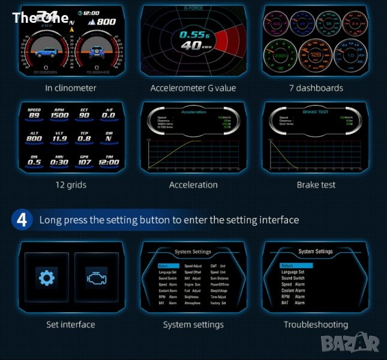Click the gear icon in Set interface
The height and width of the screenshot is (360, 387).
(x=46, y=278)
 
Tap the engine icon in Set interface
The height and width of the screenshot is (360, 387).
(x=96, y=278)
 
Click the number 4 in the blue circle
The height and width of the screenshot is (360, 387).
(x=22, y=220)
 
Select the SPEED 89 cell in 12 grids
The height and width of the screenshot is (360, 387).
(x=34, y=115)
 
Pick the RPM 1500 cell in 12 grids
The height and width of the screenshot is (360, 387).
(x=60, y=115)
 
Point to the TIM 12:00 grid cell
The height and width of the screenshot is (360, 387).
(x=109, y=161)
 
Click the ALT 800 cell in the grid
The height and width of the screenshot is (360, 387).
(x=34, y=137)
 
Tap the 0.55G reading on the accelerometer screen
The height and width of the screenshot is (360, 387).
(x=194, y=35)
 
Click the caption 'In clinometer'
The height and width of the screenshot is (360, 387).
(x=70, y=88)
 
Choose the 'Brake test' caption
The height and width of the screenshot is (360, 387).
(x=316, y=185)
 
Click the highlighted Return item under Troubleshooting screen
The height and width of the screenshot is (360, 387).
(x=296, y=265)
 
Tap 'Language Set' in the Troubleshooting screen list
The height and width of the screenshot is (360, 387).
(x=293, y=272)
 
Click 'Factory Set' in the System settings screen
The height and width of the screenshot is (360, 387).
(x=218, y=303)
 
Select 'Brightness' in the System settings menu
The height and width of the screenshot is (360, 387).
(x=191, y=296)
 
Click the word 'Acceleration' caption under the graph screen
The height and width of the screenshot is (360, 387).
(x=193, y=185)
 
